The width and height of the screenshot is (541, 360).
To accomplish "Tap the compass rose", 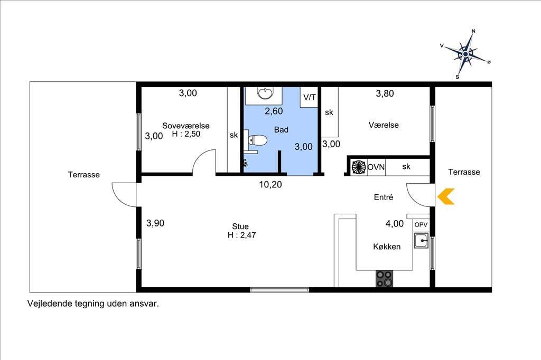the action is click(x=465, y=54).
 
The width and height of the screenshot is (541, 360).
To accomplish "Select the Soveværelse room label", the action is click(x=185, y=126).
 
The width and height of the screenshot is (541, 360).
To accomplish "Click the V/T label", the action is click(x=310, y=97).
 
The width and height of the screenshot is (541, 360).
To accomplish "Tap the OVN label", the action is click(x=376, y=167).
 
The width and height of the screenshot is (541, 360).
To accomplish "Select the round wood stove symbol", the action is click(x=359, y=167).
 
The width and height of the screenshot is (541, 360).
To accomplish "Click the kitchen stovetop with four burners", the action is click(x=385, y=279).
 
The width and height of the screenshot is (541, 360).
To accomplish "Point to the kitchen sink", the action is click(x=421, y=240).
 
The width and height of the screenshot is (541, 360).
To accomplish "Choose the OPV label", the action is click(x=421, y=225).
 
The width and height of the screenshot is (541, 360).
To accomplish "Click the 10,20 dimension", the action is click(x=270, y=184).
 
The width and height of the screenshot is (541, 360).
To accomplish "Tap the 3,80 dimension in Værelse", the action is click(x=385, y=93).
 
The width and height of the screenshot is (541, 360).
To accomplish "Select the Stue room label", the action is click(x=240, y=226).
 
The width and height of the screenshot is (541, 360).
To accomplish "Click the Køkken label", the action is click(x=387, y=247).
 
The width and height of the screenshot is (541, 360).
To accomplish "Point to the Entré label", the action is click(x=384, y=197).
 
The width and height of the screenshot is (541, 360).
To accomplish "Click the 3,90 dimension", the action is click(x=155, y=223).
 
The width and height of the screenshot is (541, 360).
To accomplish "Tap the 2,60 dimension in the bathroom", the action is click(x=274, y=111).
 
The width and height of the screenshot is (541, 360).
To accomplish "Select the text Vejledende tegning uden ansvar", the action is click(x=93, y=304).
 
